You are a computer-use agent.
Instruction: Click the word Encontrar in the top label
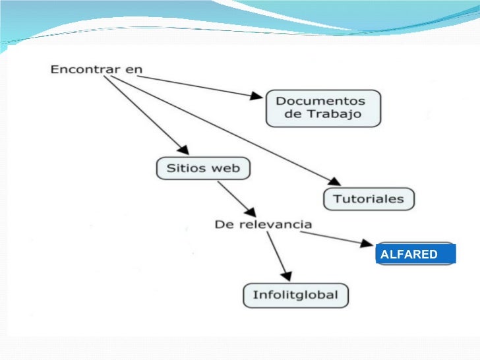[82, 69]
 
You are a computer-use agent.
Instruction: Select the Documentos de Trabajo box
[324, 108]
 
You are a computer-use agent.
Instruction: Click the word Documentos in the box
[320, 101]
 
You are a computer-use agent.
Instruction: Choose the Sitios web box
[203, 167]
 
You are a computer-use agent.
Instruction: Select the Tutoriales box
[369, 198]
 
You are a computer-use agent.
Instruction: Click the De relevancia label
[263, 224]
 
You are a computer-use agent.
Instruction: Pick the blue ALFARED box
[415, 254]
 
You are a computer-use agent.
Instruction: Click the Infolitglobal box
[295, 295]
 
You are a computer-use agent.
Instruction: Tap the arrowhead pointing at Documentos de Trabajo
[256, 96]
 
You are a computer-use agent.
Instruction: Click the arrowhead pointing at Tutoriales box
[334, 182]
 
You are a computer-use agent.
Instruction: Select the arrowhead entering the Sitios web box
[182, 148]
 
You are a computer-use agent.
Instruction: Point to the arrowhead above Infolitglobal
[285, 273]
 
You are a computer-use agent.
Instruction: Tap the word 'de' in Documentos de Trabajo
[292, 115]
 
